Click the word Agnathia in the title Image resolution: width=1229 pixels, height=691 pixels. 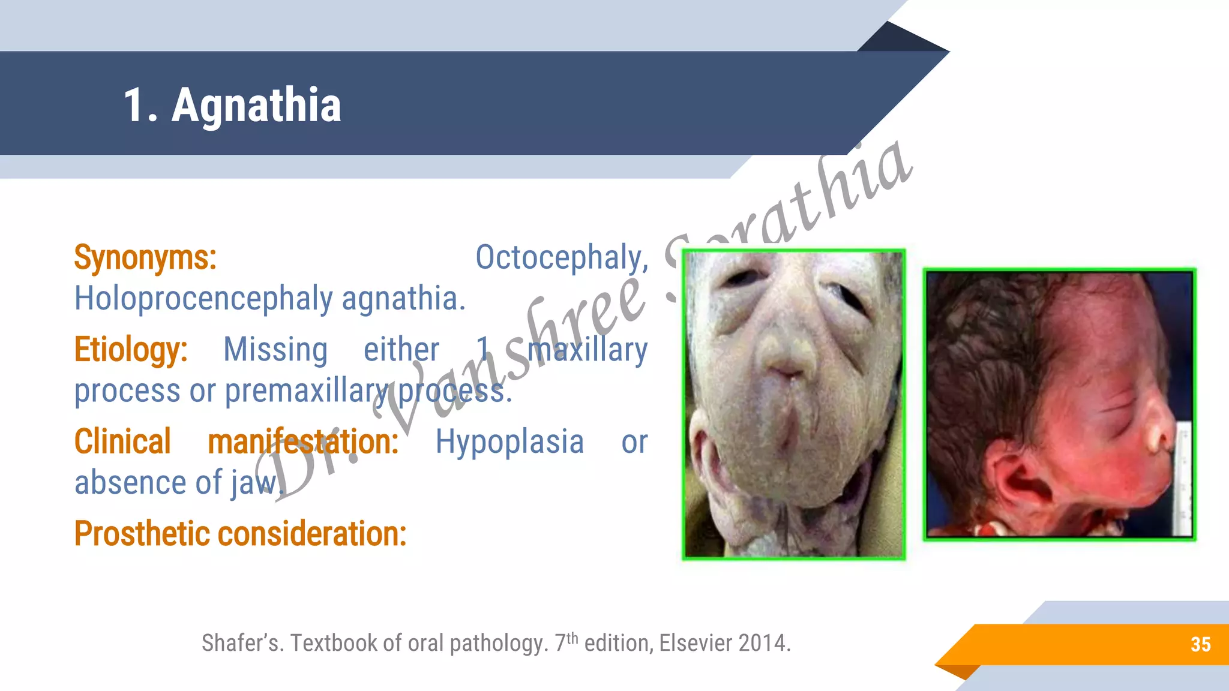point(256,106)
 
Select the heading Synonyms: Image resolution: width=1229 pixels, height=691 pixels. point(145,258)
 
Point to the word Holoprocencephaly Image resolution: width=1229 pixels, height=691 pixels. point(203,299)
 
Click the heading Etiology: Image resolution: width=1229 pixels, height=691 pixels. point(131,350)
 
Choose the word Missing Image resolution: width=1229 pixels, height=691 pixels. point(275,350)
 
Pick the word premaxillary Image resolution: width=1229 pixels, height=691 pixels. point(307,391)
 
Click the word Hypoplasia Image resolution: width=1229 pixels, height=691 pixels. point(509,442)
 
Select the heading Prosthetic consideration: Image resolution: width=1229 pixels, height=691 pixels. point(240,534)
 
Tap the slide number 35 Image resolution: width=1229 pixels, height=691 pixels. point(1200,644)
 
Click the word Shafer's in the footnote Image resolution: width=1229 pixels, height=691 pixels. point(242,643)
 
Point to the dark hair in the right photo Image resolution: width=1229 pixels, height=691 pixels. point(984,336)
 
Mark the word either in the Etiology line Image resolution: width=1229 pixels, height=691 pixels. point(401,350)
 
